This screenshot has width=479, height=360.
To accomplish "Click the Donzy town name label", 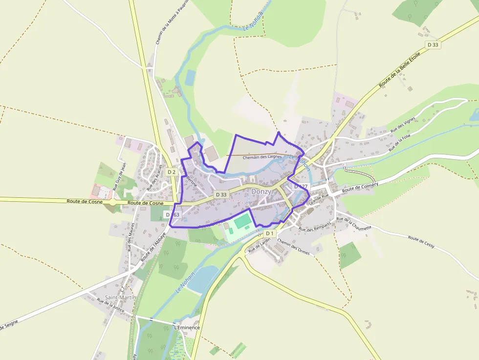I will pyautogui.click(x=261, y=192).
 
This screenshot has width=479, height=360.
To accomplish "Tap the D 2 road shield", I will pyautogui.click(x=171, y=172).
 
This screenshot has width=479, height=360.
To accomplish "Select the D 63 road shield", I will pyautogui.click(x=173, y=214).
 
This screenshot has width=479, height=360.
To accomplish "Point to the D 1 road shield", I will pyautogui.click(x=270, y=233).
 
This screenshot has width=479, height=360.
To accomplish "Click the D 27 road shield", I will pyautogui.click(x=301, y=187).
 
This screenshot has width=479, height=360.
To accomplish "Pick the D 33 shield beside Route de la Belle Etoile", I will pyautogui.click(x=433, y=44).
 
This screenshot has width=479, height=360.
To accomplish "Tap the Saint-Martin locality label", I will pyautogui.click(x=120, y=297).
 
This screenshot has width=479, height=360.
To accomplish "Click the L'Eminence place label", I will pyautogui.click(x=187, y=327).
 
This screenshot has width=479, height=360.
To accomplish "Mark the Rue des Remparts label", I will pyautogui.click(x=315, y=227).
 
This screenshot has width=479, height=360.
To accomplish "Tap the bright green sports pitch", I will pyautogui.click(x=242, y=221).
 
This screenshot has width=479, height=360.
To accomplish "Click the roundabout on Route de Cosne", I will pyautogui.click(x=113, y=202).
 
